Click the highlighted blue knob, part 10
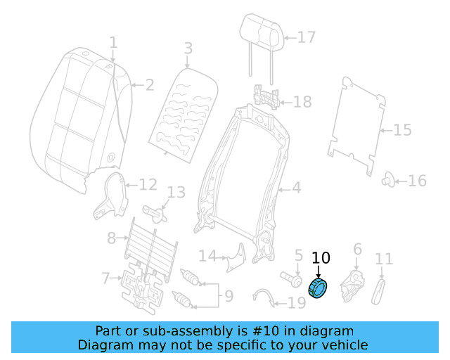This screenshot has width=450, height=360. [319, 288]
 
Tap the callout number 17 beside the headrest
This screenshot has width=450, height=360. [307, 37]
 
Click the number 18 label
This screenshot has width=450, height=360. [302, 103]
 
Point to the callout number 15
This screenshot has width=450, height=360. [401, 130]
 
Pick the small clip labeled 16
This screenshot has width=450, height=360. [387, 181]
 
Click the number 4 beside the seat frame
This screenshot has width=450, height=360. [296, 188]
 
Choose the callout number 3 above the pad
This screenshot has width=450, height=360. [188, 49]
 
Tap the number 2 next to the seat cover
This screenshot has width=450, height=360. [149, 86]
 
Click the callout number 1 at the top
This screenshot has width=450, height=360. [113, 44]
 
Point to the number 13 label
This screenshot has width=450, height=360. [175, 192]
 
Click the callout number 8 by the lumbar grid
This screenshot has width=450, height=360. [111, 238]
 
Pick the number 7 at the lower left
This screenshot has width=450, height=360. [105, 278]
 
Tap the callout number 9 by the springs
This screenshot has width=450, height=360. [228, 297]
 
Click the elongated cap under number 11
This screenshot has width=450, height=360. [380, 289]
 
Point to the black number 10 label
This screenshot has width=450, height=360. [321, 257]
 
